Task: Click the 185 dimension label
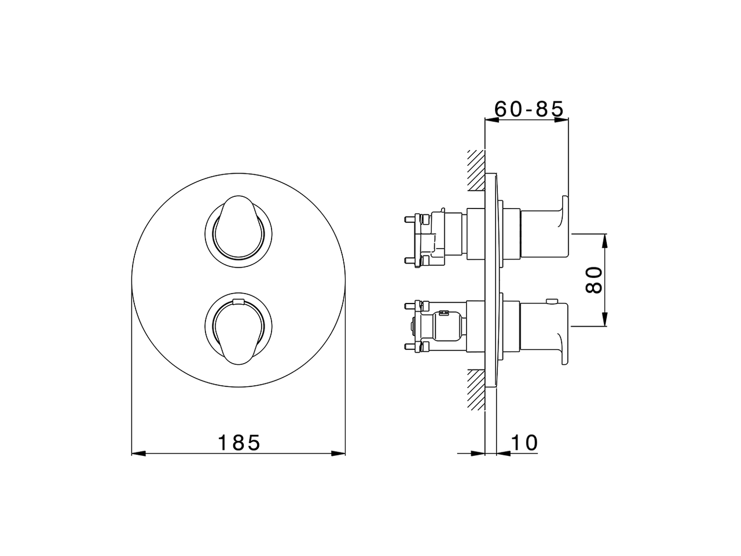pyautogui.click(x=239, y=442)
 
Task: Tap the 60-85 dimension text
pyautogui.click(x=529, y=109)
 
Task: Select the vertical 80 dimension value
pyautogui.click(x=593, y=280)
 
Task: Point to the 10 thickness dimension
pyautogui.click(x=524, y=442)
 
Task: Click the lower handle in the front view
pyautogui.click(x=239, y=330)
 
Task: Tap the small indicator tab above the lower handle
pyautogui.click(x=239, y=301)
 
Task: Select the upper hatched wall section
pyautogui.click(x=476, y=170)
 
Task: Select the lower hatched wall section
pyautogui.click(x=476, y=390)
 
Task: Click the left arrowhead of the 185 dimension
pyautogui.click(x=138, y=453)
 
